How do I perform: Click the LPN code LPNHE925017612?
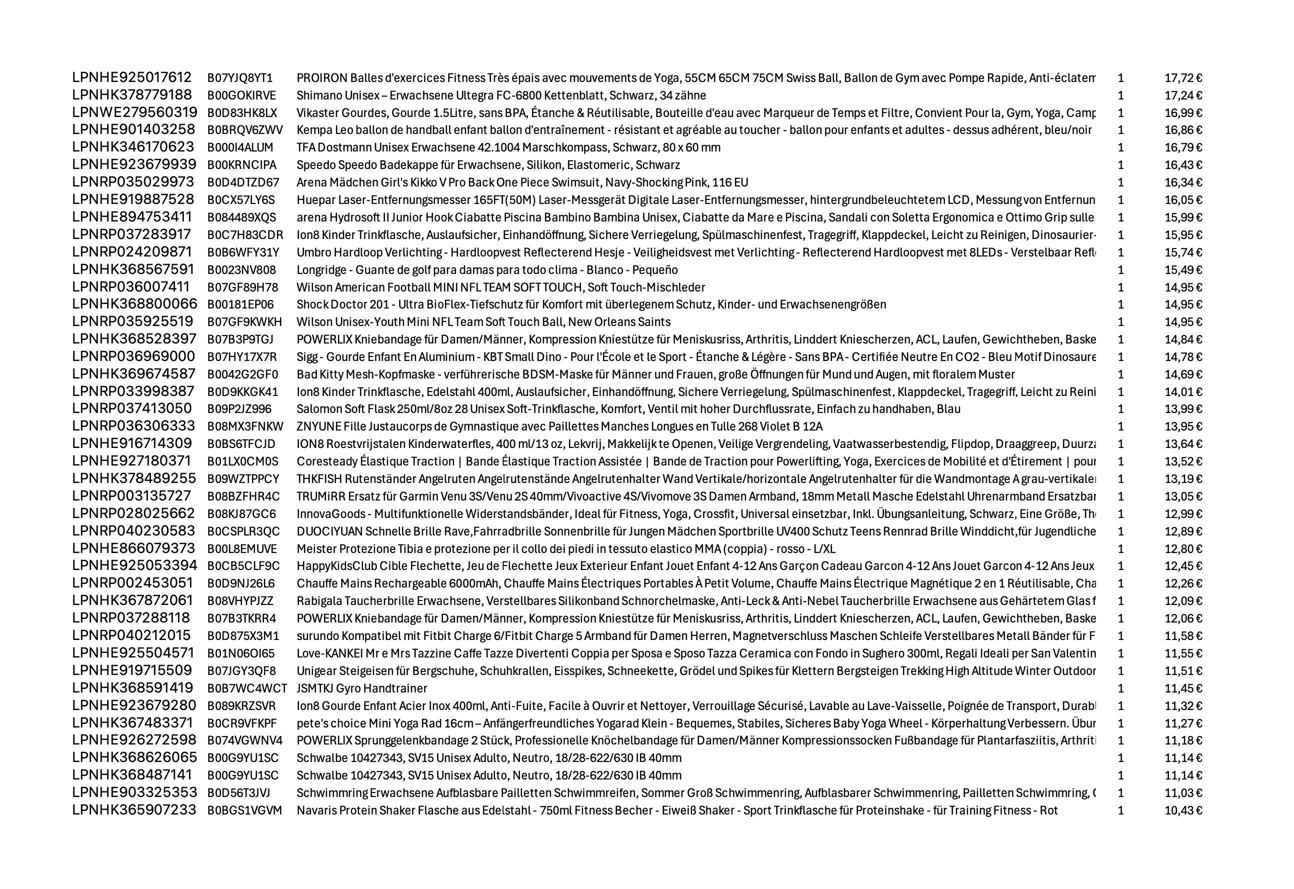click(x=132, y=77)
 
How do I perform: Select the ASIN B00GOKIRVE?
click(x=241, y=95)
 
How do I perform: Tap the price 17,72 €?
click(x=1182, y=78)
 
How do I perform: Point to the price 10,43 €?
click(x=1182, y=810)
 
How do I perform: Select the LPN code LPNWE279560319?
click(x=134, y=112)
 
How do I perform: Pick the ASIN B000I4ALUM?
click(x=240, y=147)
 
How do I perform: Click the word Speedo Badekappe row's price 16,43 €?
click(x=1182, y=165)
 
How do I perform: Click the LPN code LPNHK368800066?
click(x=134, y=304)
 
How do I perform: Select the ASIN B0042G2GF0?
click(x=242, y=374)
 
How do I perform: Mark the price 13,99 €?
click(x=1182, y=409)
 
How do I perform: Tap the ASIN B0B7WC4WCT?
click(x=247, y=688)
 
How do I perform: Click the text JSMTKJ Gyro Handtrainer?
click(x=361, y=688)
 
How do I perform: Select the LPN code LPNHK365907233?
click(x=134, y=810)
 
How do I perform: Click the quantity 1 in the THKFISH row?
click(x=1121, y=479)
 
